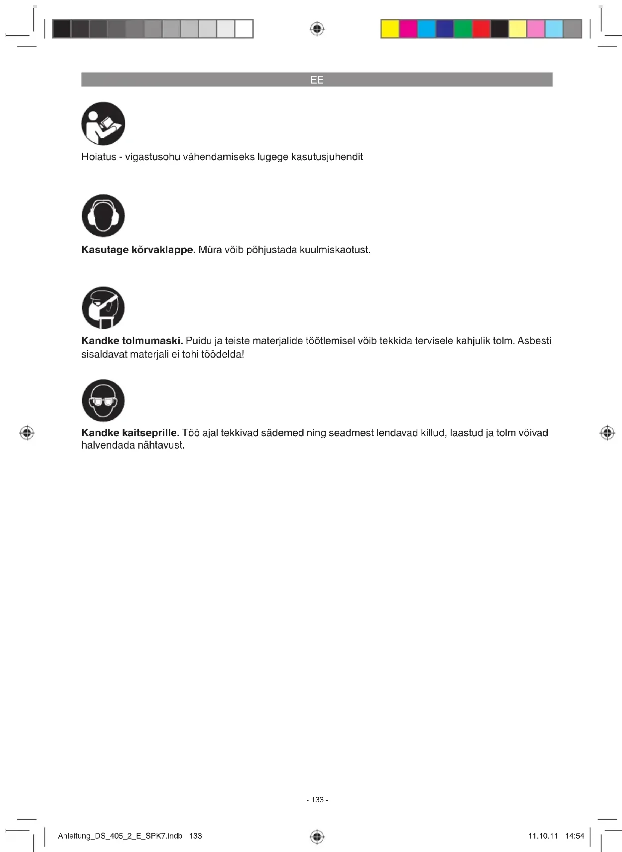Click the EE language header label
coord(317,80)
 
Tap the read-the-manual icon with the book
coord(103,124)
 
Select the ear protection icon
coord(103,216)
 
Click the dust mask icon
coord(103,308)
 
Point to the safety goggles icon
coord(103,400)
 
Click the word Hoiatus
coord(99,157)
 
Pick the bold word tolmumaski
coord(152,341)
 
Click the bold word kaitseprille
coord(150,433)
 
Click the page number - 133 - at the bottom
coord(317,800)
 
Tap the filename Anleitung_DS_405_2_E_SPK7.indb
coord(120,836)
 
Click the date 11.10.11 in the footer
coord(543,836)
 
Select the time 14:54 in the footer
coord(574,836)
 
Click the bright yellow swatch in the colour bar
coord(390,29)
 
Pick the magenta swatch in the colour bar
coord(408,29)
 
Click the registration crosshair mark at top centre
coord(317,29)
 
